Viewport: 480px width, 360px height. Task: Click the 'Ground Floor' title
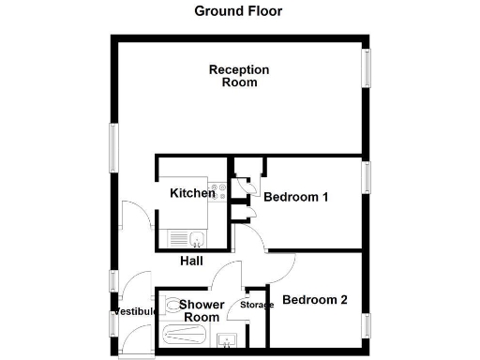tap(238, 11)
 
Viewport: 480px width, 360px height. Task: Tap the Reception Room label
tap(239, 76)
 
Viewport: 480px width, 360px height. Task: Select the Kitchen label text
tap(192, 193)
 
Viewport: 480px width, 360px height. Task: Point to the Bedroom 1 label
tap(295, 197)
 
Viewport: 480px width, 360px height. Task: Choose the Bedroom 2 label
tap(315, 300)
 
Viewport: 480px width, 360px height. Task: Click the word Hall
tap(191, 261)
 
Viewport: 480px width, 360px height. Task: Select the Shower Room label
tap(202, 311)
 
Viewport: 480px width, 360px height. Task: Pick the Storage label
tap(257, 305)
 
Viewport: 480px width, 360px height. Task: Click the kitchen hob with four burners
tap(219, 192)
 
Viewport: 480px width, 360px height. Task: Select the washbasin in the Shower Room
tap(226, 339)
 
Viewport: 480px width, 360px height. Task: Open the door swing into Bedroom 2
tap(282, 267)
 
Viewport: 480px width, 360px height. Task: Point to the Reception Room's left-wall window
tap(113, 148)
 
